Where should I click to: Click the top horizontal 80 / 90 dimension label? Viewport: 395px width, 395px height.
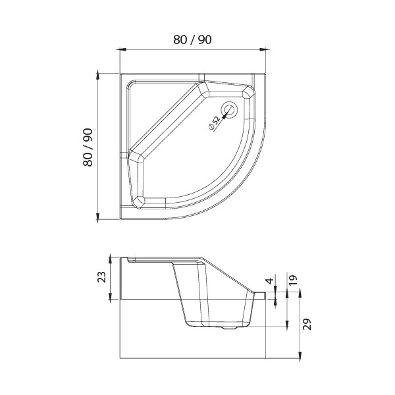[x=192, y=39]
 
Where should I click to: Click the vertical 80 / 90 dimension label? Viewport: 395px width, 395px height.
[x=88, y=147]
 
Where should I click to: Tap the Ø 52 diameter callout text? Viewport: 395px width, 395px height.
[x=215, y=122]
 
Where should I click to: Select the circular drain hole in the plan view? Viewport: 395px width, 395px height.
[x=229, y=109]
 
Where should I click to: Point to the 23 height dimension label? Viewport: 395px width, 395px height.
[x=102, y=276]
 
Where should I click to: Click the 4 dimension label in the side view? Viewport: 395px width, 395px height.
[x=270, y=281]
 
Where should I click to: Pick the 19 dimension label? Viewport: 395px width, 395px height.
[x=293, y=280]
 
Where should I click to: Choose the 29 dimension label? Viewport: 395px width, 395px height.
[x=307, y=324]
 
